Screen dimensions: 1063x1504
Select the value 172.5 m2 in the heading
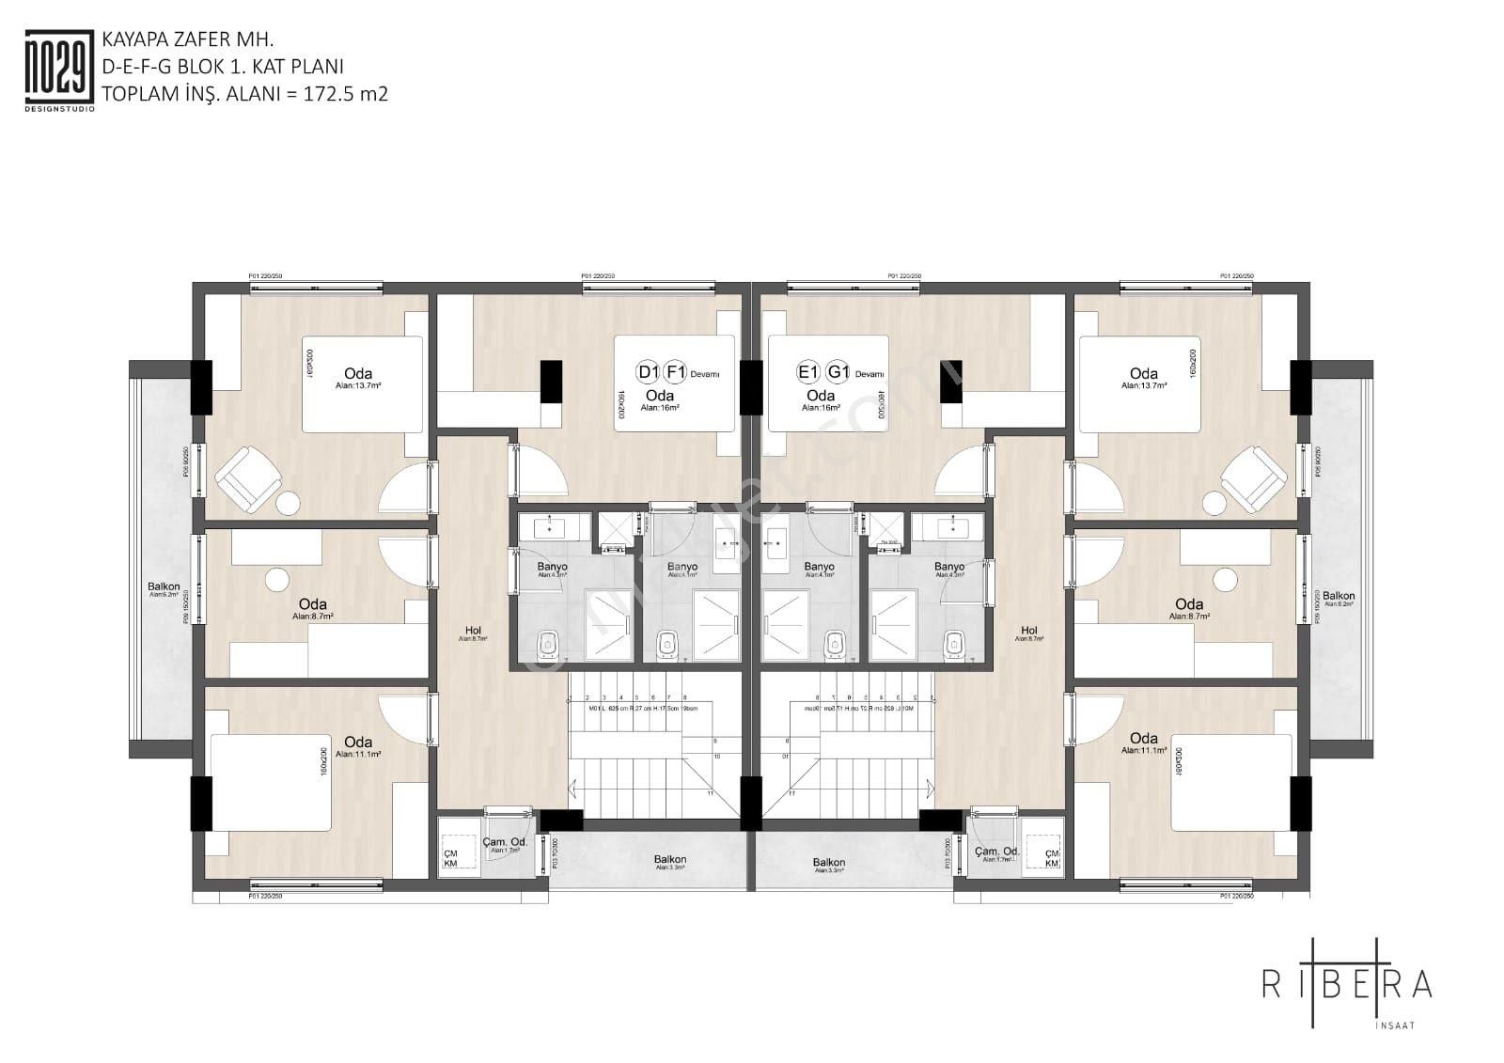click(x=345, y=94)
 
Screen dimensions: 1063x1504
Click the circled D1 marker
click(x=648, y=371)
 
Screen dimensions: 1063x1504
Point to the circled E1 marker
click(x=808, y=371)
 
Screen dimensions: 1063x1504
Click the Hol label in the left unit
click(x=473, y=631)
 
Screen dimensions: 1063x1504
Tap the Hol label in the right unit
click(x=1029, y=631)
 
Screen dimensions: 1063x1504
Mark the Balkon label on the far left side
click(x=164, y=586)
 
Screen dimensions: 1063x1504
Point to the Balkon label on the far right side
click(x=1339, y=596)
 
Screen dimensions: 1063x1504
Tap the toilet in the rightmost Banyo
click(x=954, y=645)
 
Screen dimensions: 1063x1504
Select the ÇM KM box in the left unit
click(x=451, y=858)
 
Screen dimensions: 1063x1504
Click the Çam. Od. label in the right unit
click(x=997, y=852)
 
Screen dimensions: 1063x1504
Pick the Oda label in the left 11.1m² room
click(x=357, y=743)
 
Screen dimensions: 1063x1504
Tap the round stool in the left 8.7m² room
click(x=276, y=580)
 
